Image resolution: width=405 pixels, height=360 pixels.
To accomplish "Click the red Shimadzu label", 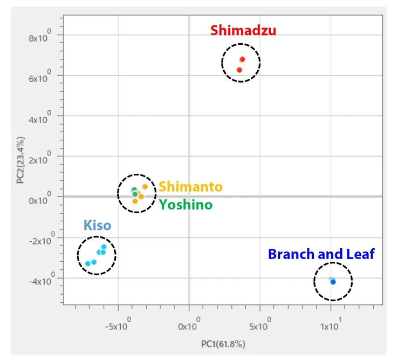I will pos(243,30).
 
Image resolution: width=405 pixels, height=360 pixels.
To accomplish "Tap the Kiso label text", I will pos(98,225).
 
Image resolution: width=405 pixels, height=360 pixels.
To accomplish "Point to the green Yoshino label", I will pos(185,205).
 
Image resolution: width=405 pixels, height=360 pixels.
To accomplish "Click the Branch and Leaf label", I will pos(321,254).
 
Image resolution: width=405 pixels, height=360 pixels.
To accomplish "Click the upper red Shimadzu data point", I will pos(243,59).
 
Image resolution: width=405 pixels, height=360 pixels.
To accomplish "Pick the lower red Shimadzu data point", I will pos(239,70).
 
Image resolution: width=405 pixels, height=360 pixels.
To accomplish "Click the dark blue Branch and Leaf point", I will pos(333,282).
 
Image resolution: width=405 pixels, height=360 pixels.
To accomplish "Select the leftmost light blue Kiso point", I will pos(88,263).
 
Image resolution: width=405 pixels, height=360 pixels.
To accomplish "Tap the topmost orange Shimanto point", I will pos(145,187).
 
